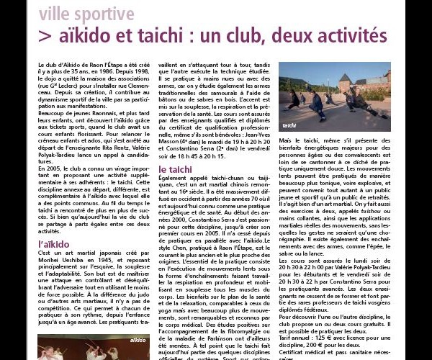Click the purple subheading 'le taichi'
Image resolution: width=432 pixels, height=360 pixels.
pos(176,169)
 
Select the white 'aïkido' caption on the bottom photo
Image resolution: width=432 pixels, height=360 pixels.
pos(137,339)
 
